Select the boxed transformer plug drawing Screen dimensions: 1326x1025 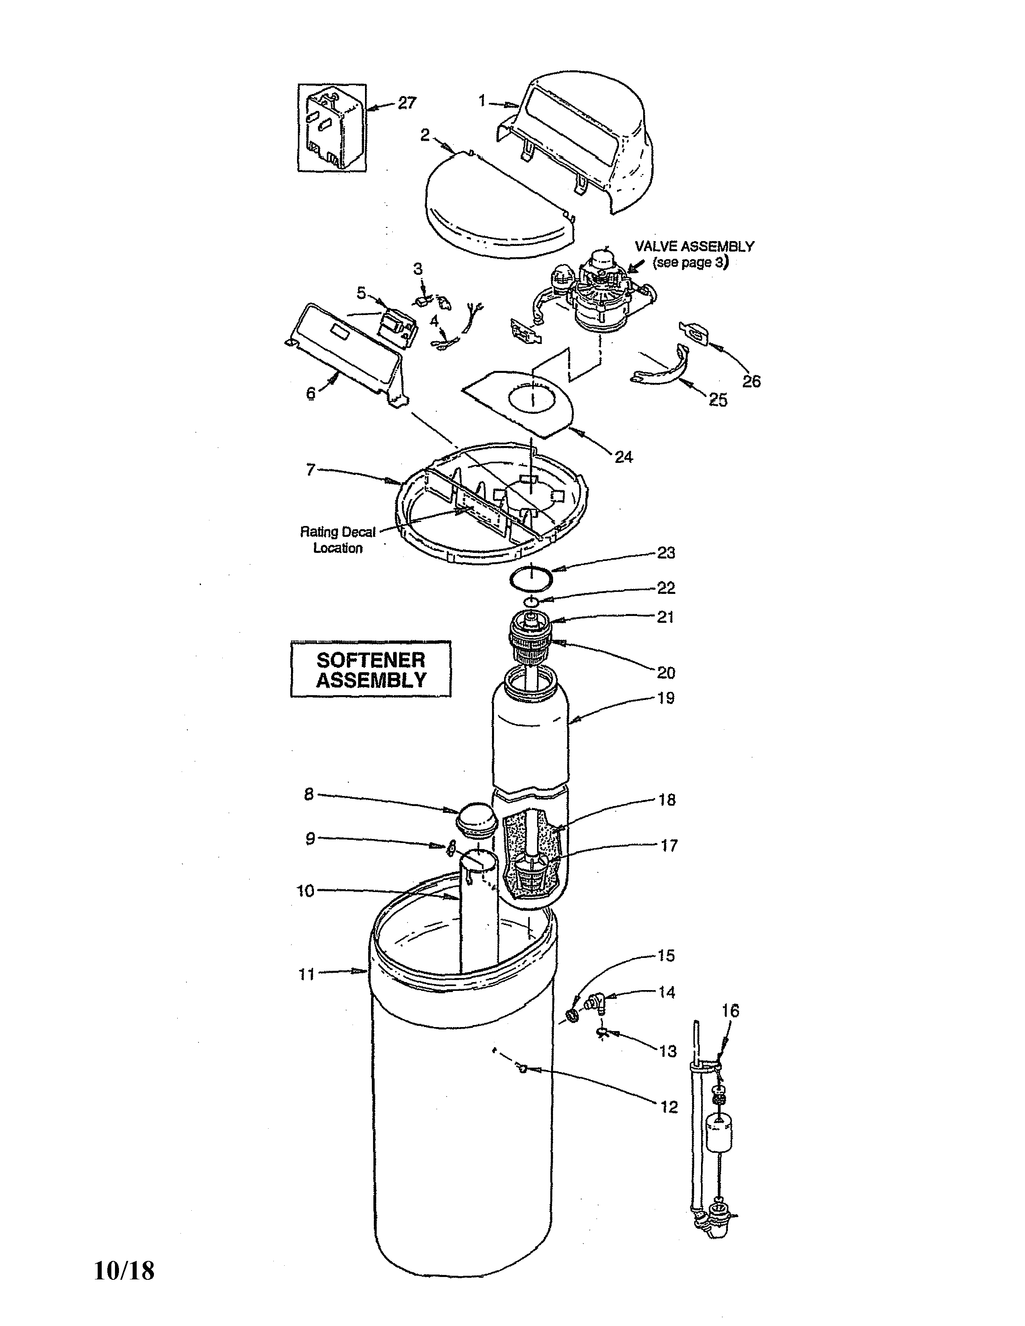pos(332,128)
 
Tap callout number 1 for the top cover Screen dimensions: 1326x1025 pos(482,101)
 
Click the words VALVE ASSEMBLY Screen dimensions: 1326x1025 pos(694,246)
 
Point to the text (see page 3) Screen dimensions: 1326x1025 pos(691,263)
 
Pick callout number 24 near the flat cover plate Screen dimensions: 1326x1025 pos(623,456)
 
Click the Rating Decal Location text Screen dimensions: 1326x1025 pos(338,540)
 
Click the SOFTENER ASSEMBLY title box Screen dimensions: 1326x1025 pos(371,669)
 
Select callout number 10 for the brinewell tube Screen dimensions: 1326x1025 pos(305,891)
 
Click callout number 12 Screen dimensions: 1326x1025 pos(668,1107)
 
